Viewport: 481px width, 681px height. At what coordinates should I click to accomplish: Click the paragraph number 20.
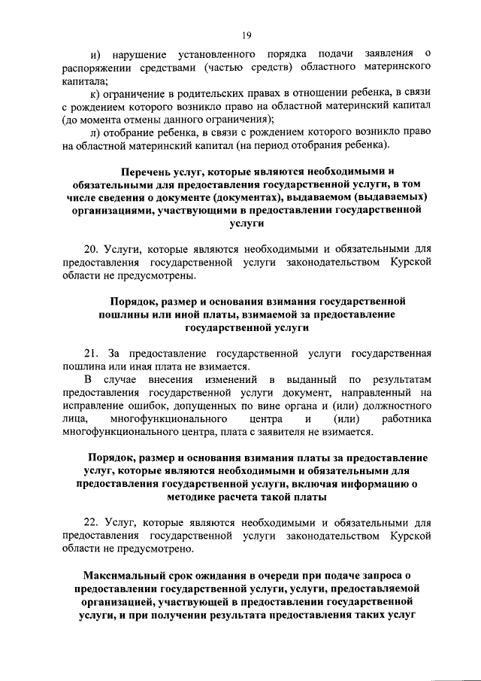tap(91, 248)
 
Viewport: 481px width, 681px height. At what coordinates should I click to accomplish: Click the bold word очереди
tap(275, 575)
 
